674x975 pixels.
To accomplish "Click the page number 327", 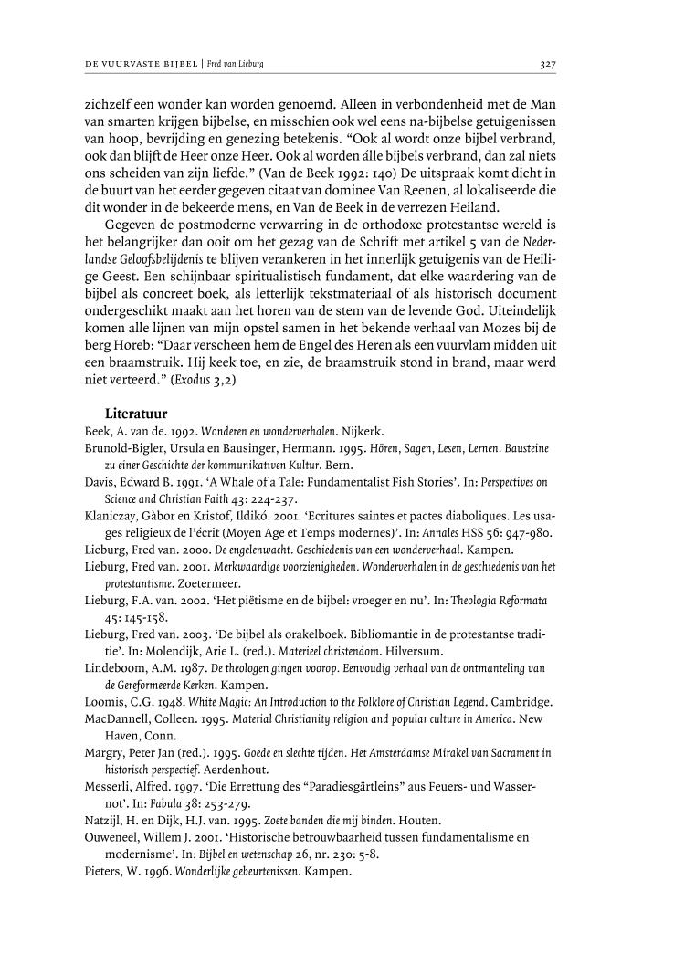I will pos(548,65).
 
